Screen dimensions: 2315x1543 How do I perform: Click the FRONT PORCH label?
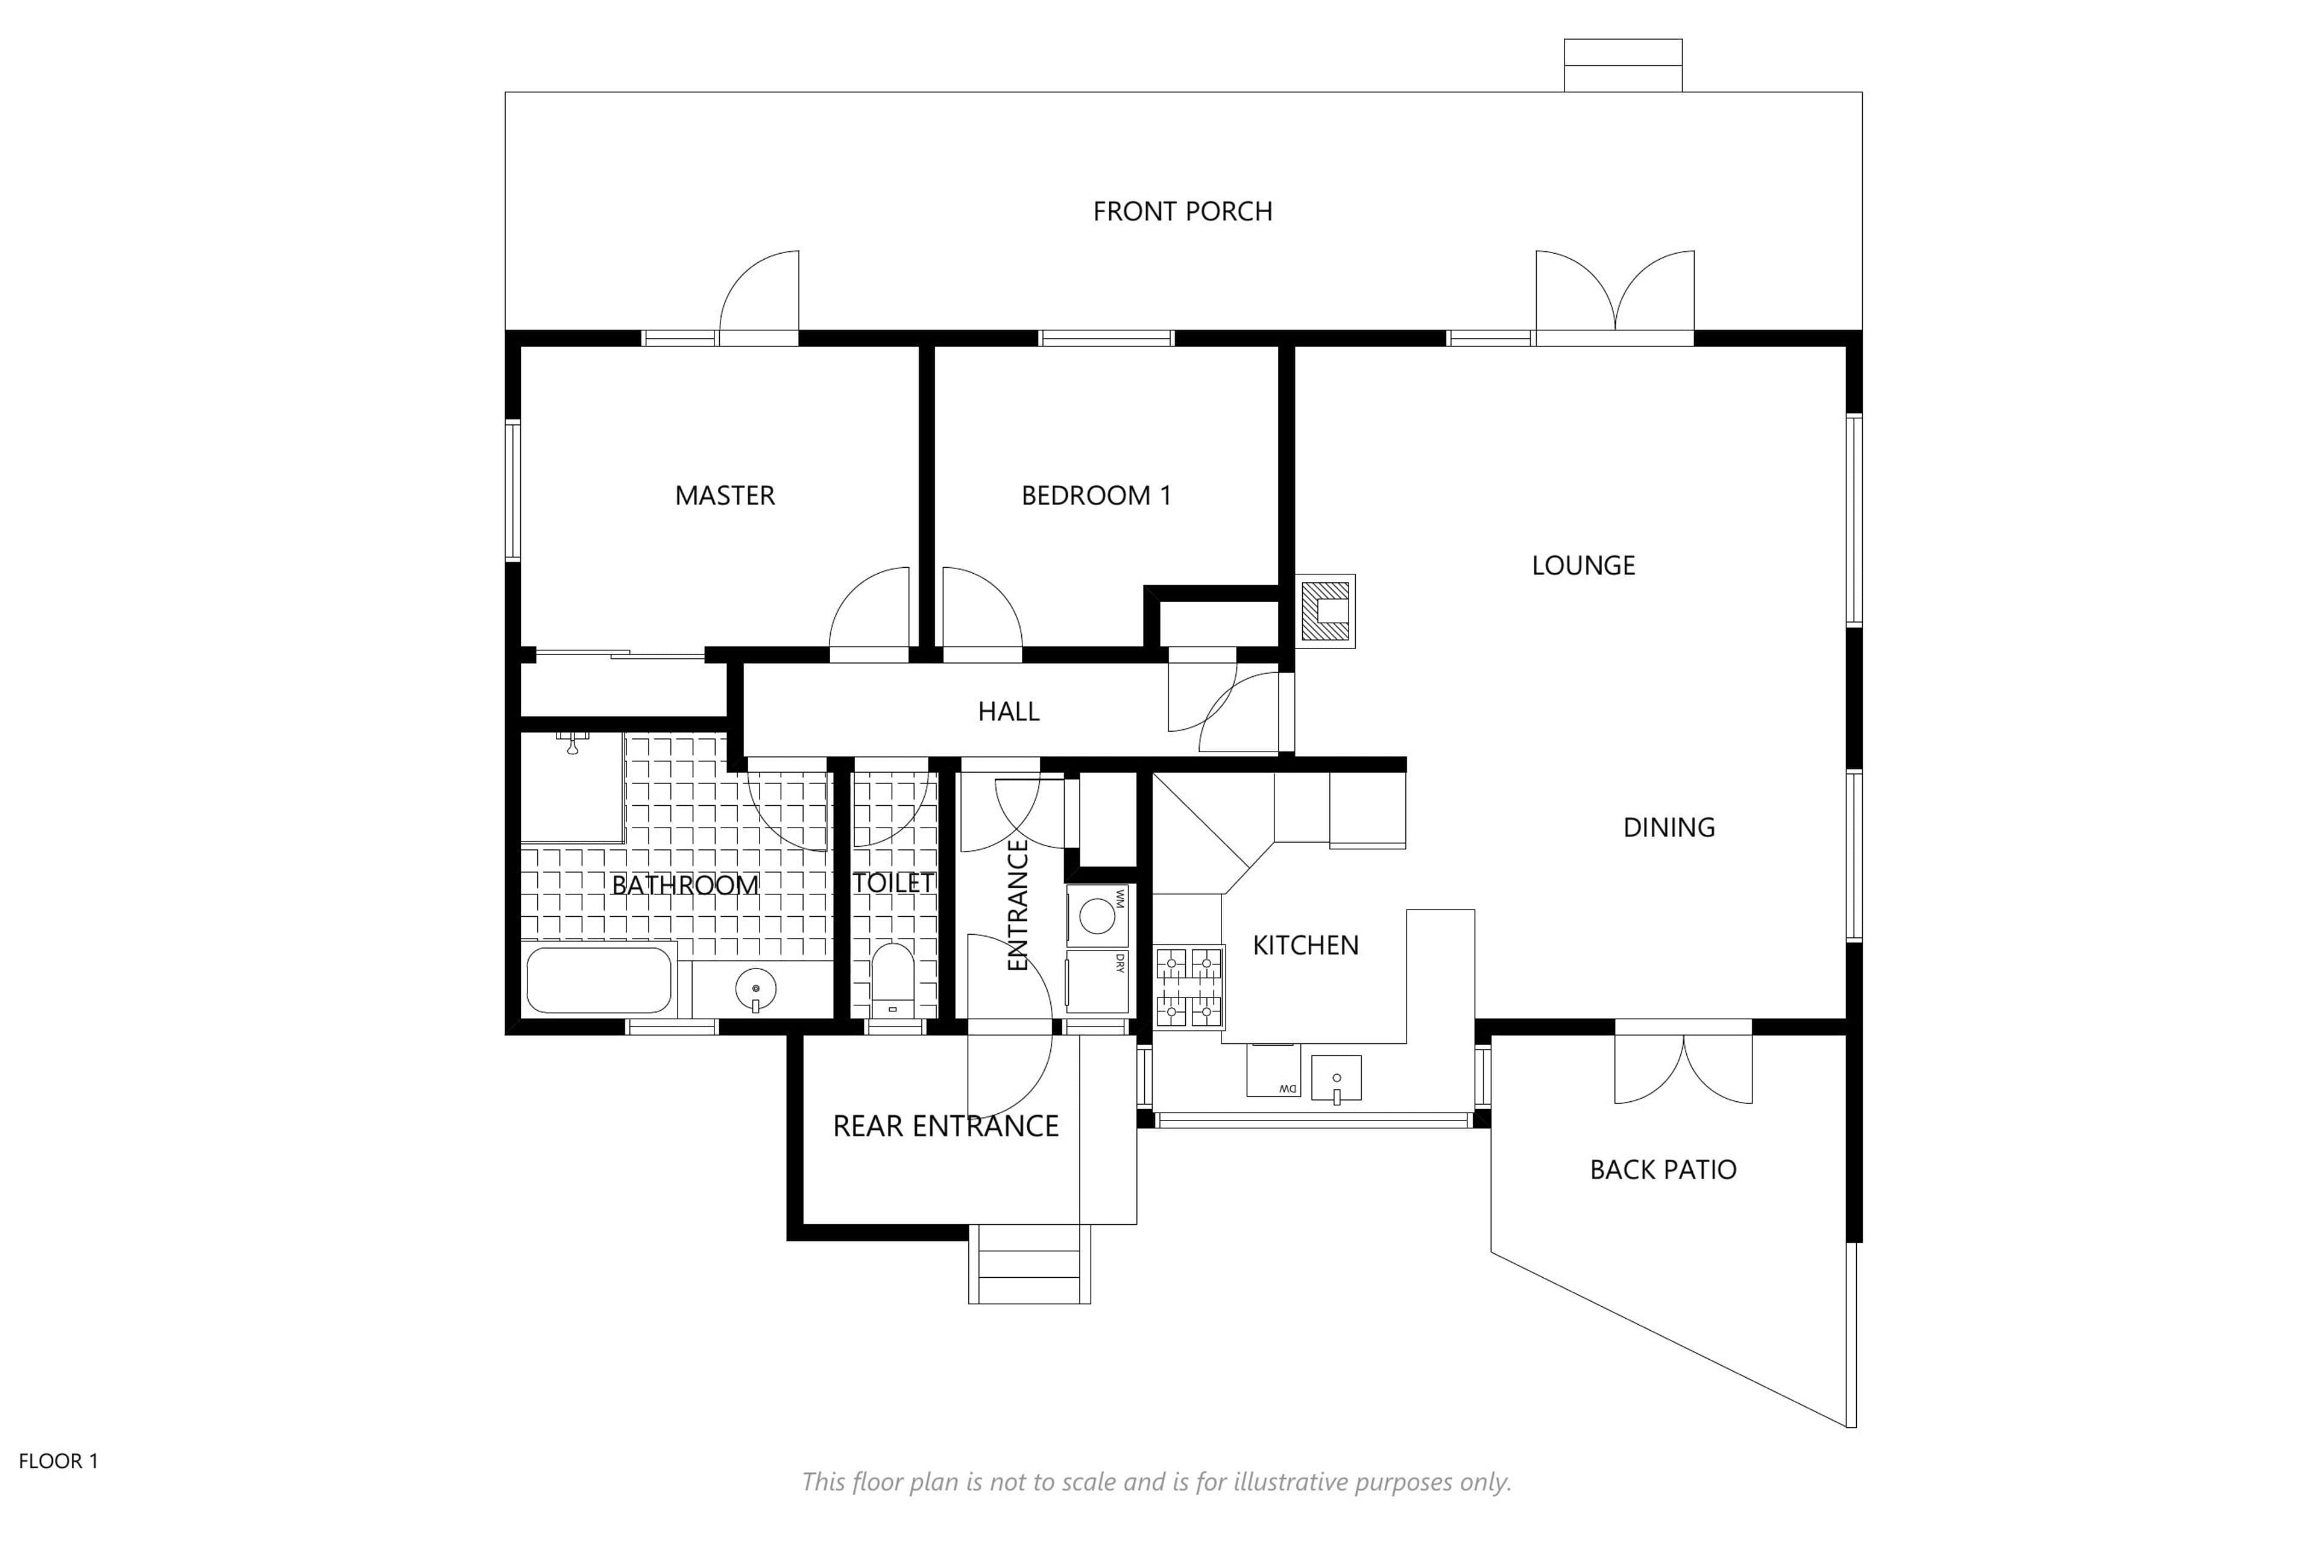1182,212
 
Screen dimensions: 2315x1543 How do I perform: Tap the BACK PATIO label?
1663,1170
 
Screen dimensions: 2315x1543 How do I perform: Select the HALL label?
1008,711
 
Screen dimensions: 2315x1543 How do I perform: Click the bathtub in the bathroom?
599,980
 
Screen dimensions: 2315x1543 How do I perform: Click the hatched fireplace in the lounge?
1325,611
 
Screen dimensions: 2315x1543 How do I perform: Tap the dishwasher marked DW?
1274,1070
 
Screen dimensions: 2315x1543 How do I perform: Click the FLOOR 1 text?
59,1461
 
